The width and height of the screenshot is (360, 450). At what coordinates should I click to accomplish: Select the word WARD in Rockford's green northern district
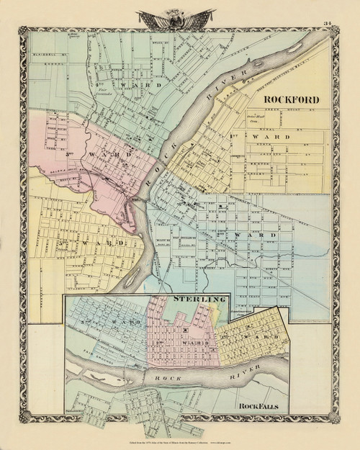(x=135, y=84)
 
